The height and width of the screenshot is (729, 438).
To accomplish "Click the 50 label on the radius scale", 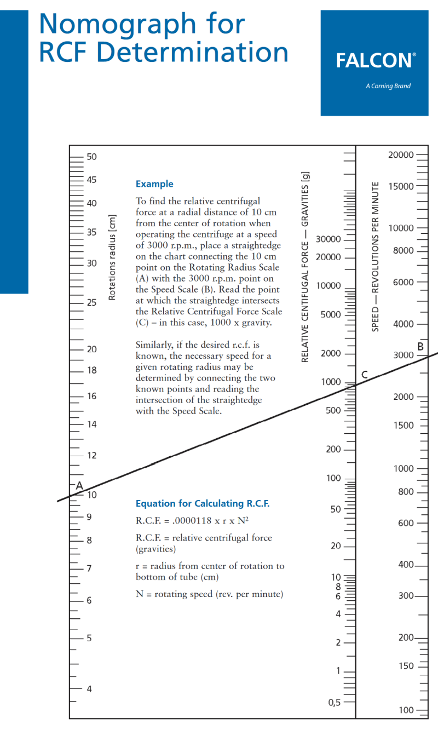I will (91, 157).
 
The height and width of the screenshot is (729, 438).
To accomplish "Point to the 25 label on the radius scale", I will (91, 302).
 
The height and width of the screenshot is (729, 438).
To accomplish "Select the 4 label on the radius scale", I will (89, 688).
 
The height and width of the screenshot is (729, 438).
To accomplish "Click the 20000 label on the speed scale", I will (401, 155).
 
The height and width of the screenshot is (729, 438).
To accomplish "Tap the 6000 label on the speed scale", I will (404, 283).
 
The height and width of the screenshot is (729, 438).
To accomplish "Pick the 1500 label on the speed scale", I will (404, 426).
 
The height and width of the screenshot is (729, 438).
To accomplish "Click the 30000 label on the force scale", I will (328, 240).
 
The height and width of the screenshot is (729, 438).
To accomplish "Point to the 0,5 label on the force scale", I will (334, 703).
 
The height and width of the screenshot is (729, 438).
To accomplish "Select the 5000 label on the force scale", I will (331, 315).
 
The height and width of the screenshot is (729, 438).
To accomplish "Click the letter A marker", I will (79, 485).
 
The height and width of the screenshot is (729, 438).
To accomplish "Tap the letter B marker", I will (420, 346).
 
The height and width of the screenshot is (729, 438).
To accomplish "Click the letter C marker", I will (364, 375).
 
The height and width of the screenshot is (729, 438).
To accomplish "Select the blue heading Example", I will (154, 184).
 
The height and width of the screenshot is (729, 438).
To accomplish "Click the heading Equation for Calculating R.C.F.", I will (203, 503).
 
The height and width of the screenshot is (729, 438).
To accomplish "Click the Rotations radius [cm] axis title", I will (113, 257).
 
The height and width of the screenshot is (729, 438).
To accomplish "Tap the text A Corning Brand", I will (388, 86).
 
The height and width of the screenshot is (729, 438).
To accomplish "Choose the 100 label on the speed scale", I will (406, 710).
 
